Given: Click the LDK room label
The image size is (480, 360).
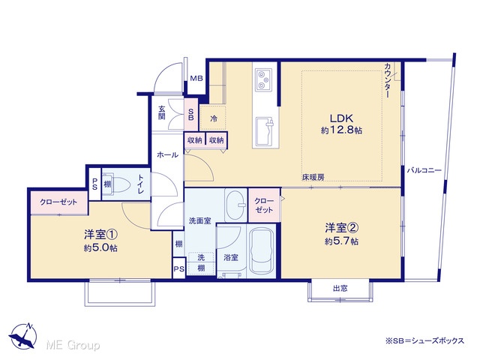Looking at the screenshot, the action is pyautogui.click(x=341, y=118).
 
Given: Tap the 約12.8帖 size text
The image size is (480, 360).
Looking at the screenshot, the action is pyautogui.click(x=341, y=130).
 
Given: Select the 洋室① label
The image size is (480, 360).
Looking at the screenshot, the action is pyautogui.click(x=100, y=235).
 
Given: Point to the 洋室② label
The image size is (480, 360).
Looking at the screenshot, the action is pyautogui.click(x=342, y=228).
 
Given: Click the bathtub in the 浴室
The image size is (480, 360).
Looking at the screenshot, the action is pyautogui.click(x=262, y=251).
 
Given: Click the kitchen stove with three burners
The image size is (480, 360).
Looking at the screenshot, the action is pyautogui.click(x=263, y=79).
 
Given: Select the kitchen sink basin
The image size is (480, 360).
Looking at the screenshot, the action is pyautogui.click(x=264, y=131).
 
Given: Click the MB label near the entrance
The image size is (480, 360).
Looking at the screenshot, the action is pyautogui.click(x=196, y=78).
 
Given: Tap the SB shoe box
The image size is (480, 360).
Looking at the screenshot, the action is pyautogui.click(x=191, y=115).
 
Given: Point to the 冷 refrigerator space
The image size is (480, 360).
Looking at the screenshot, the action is pyautogui.click(x=213, y=118).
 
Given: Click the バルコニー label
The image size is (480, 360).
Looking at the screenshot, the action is pyautogui.click(x=424, y=170).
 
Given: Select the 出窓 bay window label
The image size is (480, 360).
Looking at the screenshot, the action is pyautogui.click(x=340, y=288).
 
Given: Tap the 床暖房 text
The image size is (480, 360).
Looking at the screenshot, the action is pyautogui.click(x=313, y=177).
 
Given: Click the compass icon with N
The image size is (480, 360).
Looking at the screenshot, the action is pyautogui.click(x=23, y=336).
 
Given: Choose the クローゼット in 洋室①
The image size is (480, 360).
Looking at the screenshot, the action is pyautogui.click(x=58, y=202).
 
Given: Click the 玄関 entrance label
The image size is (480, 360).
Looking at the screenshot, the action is pyautogui.click(x=162, y=112).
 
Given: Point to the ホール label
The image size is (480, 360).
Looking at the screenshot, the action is pyautogui.click(x=167, y=155).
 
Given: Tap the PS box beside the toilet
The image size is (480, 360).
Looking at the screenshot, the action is pyautogui.click(x=94, y=184).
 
